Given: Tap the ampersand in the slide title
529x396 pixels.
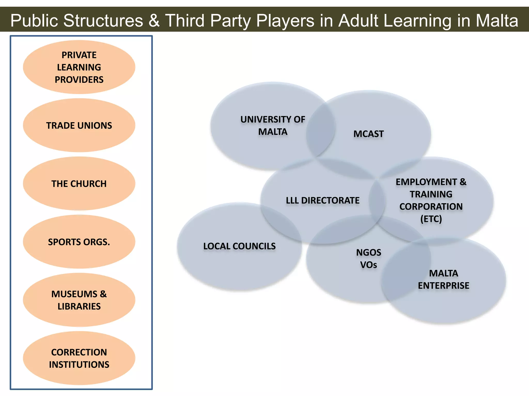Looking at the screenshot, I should pyautogui.click(x=154, y=21).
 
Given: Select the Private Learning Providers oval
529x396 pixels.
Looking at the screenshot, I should pyautogui.click(x=79, y=67).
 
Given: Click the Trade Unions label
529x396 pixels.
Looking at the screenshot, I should pyautogui.click(x=79, y=126).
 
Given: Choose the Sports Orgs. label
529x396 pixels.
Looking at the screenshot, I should pyautogui.click(x=79, y=242).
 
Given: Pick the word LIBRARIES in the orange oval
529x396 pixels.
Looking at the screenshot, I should pyautogui.click(x=79, y=306).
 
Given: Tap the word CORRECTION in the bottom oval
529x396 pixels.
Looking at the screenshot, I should pyautogui.click(x=79, y=352).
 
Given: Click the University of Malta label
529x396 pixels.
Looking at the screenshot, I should pyautogui.click(x=273, y=126).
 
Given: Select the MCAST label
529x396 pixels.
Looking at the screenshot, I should pyautogui.click(x=369, y=134).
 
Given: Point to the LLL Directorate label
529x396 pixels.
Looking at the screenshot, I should pyautogui.click(x=323, y=200).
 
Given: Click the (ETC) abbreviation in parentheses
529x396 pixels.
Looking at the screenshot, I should pyautogui.click(x=431, y=219).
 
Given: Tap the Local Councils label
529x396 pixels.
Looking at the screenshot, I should pyautogui.click(x=239, y=246).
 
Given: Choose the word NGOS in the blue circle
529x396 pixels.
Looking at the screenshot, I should pyautogui.click(x=369, y=252).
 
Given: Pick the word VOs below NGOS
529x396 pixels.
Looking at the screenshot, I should pyautogui.click(x=369, y=265).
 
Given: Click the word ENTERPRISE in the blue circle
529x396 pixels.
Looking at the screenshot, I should pyautogui.click(x=444, y=286).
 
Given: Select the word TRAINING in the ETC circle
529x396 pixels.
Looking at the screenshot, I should pyautogui.click(x=431, y=194).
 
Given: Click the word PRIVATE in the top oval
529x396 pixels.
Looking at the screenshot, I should pyautogui.click(x=79, y=55).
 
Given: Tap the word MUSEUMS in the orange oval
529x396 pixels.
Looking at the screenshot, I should pyautogui.click(x=74, y=294).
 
